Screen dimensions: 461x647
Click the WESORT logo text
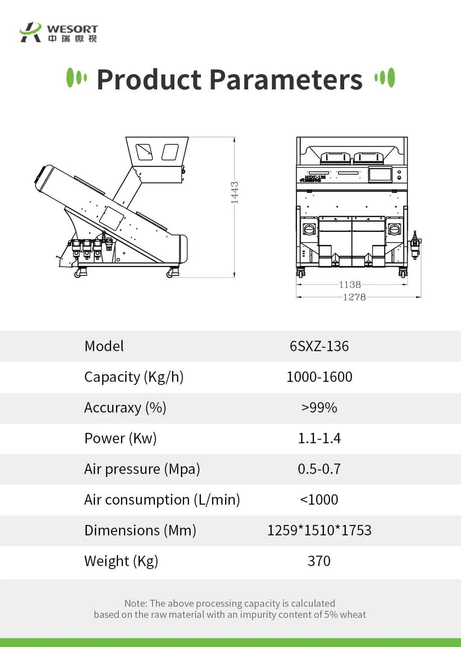click(x=72, y=29)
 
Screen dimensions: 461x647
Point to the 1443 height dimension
click(x=235, y=192)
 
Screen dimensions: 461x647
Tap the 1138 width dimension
click(x=350, y=285)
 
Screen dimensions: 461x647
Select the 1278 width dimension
click(x=354, y=297)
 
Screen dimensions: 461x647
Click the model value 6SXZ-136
click(x=319, y=346)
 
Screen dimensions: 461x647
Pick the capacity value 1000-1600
click(x=319, y=376)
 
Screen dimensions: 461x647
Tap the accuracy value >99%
click(x=319, y=408)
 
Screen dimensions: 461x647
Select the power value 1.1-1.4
click(x=319, y=438)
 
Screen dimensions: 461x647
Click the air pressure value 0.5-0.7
click(x=319, y=469)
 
